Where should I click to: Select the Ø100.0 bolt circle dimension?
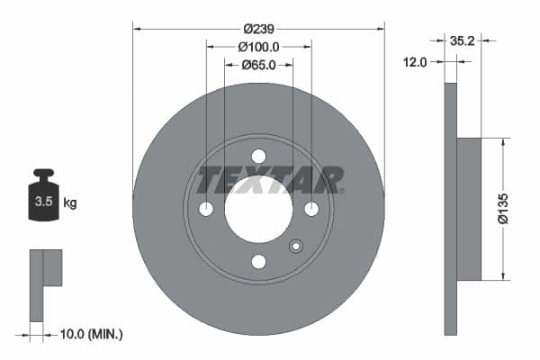click(258, 47)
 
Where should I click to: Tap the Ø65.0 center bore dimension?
click(258, 65)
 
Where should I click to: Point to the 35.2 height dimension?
click(462, 40)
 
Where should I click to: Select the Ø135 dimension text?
click(505, 208)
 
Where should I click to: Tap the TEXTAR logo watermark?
click(271, 180)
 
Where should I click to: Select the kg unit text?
click(70, 202)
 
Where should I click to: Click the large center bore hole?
click(258, 209)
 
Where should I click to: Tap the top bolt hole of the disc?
click(258, 156)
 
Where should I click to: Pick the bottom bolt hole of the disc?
click(258, 262)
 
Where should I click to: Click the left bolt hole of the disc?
click(206, 209)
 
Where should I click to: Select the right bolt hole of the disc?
click(311, 209)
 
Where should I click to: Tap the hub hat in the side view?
click(469, 208)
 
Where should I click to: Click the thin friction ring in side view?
click(450, 209)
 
